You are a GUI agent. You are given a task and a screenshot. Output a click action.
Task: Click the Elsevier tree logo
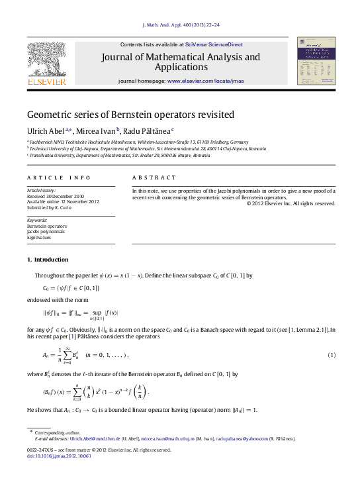(x=46, y=61)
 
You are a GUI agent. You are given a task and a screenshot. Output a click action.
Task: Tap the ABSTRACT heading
(x=154, y=178)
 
